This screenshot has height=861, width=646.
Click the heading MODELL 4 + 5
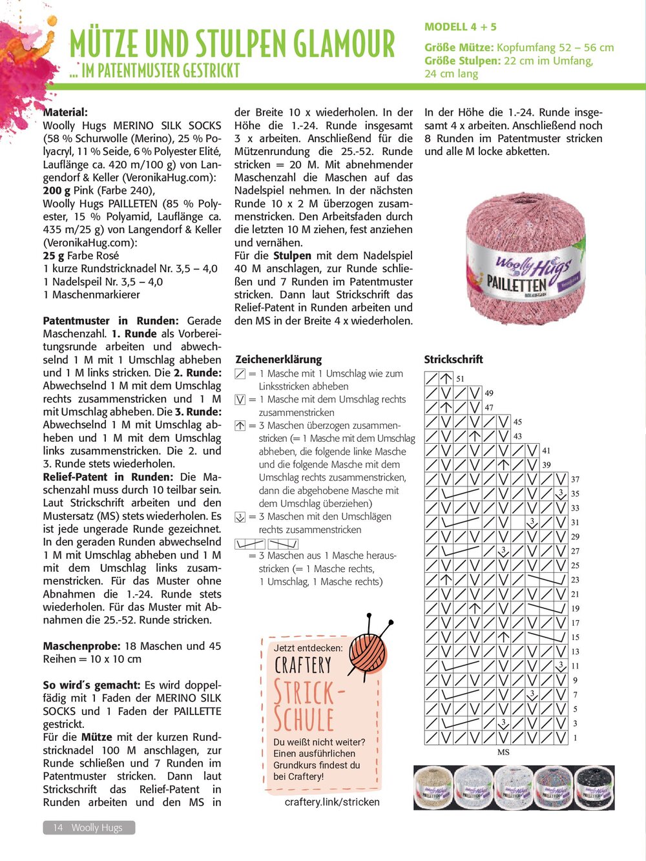[461, 27]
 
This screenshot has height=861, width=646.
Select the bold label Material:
[65, 112]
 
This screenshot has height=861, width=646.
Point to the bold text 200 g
[57, 191]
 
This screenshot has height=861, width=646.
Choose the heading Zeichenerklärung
[278, 359]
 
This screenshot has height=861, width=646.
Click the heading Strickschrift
[453, 359]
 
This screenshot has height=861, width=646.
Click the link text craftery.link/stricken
[332, 802]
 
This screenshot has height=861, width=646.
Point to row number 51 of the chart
[460, 379]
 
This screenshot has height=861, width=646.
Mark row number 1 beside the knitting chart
[575, 738]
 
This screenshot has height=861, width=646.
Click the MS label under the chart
[503, 752]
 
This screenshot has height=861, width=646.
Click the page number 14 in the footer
[58, 827]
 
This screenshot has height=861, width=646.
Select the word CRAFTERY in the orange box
[302, 665]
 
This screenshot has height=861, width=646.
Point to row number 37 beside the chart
[575, 479]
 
